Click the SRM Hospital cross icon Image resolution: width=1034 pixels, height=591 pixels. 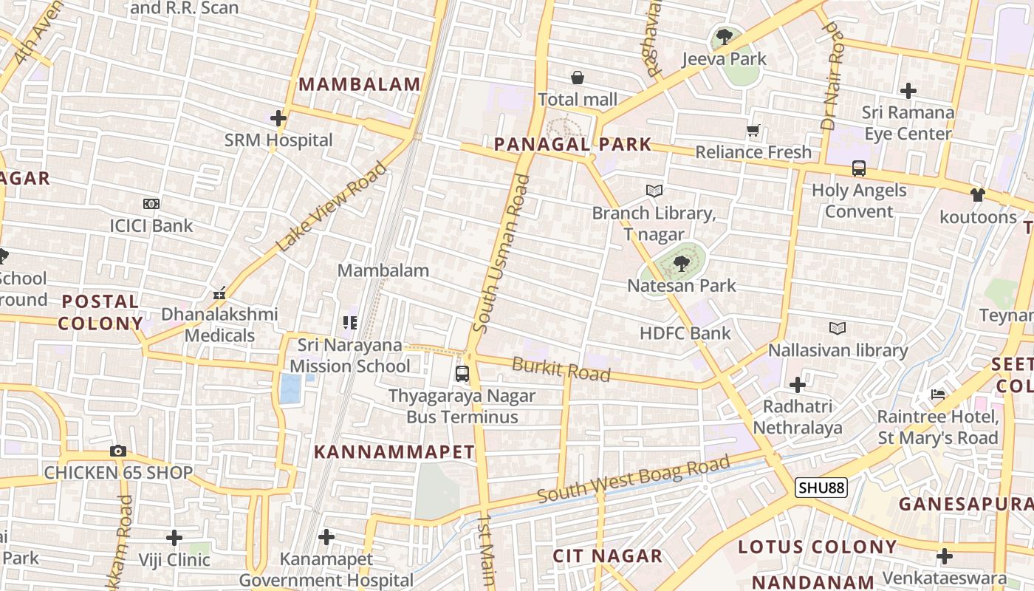point(278,118)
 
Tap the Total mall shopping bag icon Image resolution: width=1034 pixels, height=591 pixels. point(578,78)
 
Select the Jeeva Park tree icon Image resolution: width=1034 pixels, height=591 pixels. point(725,36)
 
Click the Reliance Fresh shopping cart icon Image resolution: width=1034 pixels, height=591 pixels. point(753,131)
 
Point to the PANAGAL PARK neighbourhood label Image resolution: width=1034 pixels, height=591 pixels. point(572,144)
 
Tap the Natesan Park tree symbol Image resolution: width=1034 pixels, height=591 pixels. point(682,263)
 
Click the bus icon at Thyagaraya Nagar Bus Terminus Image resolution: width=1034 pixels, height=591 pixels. point(462,374)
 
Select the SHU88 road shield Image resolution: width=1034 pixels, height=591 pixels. point(821,488)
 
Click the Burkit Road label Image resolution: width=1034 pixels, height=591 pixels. point(561,369)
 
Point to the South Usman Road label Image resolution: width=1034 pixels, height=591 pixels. point(501,253)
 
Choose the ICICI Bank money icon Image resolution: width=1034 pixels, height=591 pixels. point(151,204)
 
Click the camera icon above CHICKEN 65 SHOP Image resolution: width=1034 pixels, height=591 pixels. point(118,451)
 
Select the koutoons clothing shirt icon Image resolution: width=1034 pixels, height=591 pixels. point(978,195)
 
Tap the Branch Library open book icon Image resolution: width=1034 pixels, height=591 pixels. point(654,191)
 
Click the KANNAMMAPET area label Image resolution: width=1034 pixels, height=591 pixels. point(394,452)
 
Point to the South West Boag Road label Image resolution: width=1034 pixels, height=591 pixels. point(633,480)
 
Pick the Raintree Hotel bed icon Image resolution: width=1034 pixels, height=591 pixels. point(938,394)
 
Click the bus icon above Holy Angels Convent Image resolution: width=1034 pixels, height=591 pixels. point(859,168)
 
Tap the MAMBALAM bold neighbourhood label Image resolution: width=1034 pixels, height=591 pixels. point(360,84)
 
